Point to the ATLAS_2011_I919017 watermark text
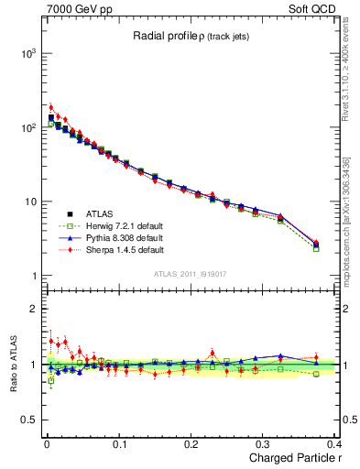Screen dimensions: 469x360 point(191,273)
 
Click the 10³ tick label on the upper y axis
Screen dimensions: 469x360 point(27,54)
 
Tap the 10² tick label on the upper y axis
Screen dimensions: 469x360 point(27,128)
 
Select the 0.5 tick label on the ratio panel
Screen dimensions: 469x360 point(28,420)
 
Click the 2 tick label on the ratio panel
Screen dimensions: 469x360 point(35,309)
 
